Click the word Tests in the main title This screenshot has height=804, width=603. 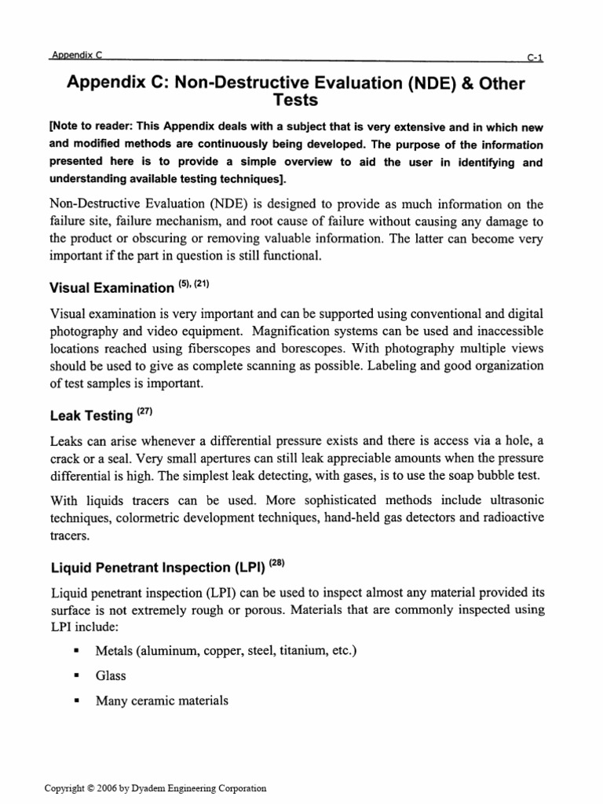click(x=295, y=101)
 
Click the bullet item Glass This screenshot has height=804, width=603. click(x=111, y=676)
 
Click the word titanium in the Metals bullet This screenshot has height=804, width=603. click(x=308, y=651)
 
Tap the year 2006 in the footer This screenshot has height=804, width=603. click(x=113, y=788)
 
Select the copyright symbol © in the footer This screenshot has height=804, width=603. click(x=92, y=788)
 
